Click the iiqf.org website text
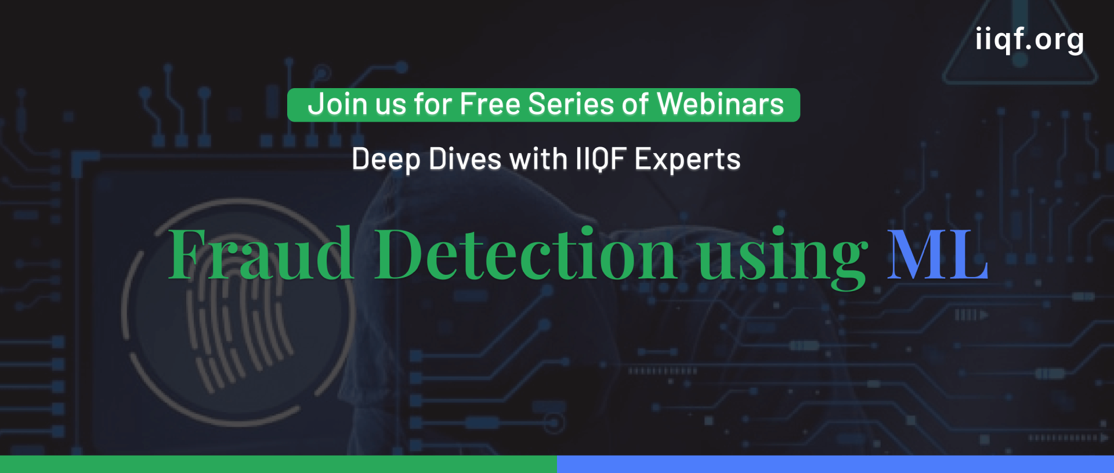coord(1029,40)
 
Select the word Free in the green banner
coord(490,104)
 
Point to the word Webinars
coord(721,104)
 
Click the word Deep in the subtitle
coord(386,160)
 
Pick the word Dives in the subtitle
coord(465,159)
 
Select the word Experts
coord(688,160)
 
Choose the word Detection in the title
coord(526,253)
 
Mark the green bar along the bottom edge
coord(278,464)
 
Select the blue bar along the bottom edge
coord(835,464)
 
